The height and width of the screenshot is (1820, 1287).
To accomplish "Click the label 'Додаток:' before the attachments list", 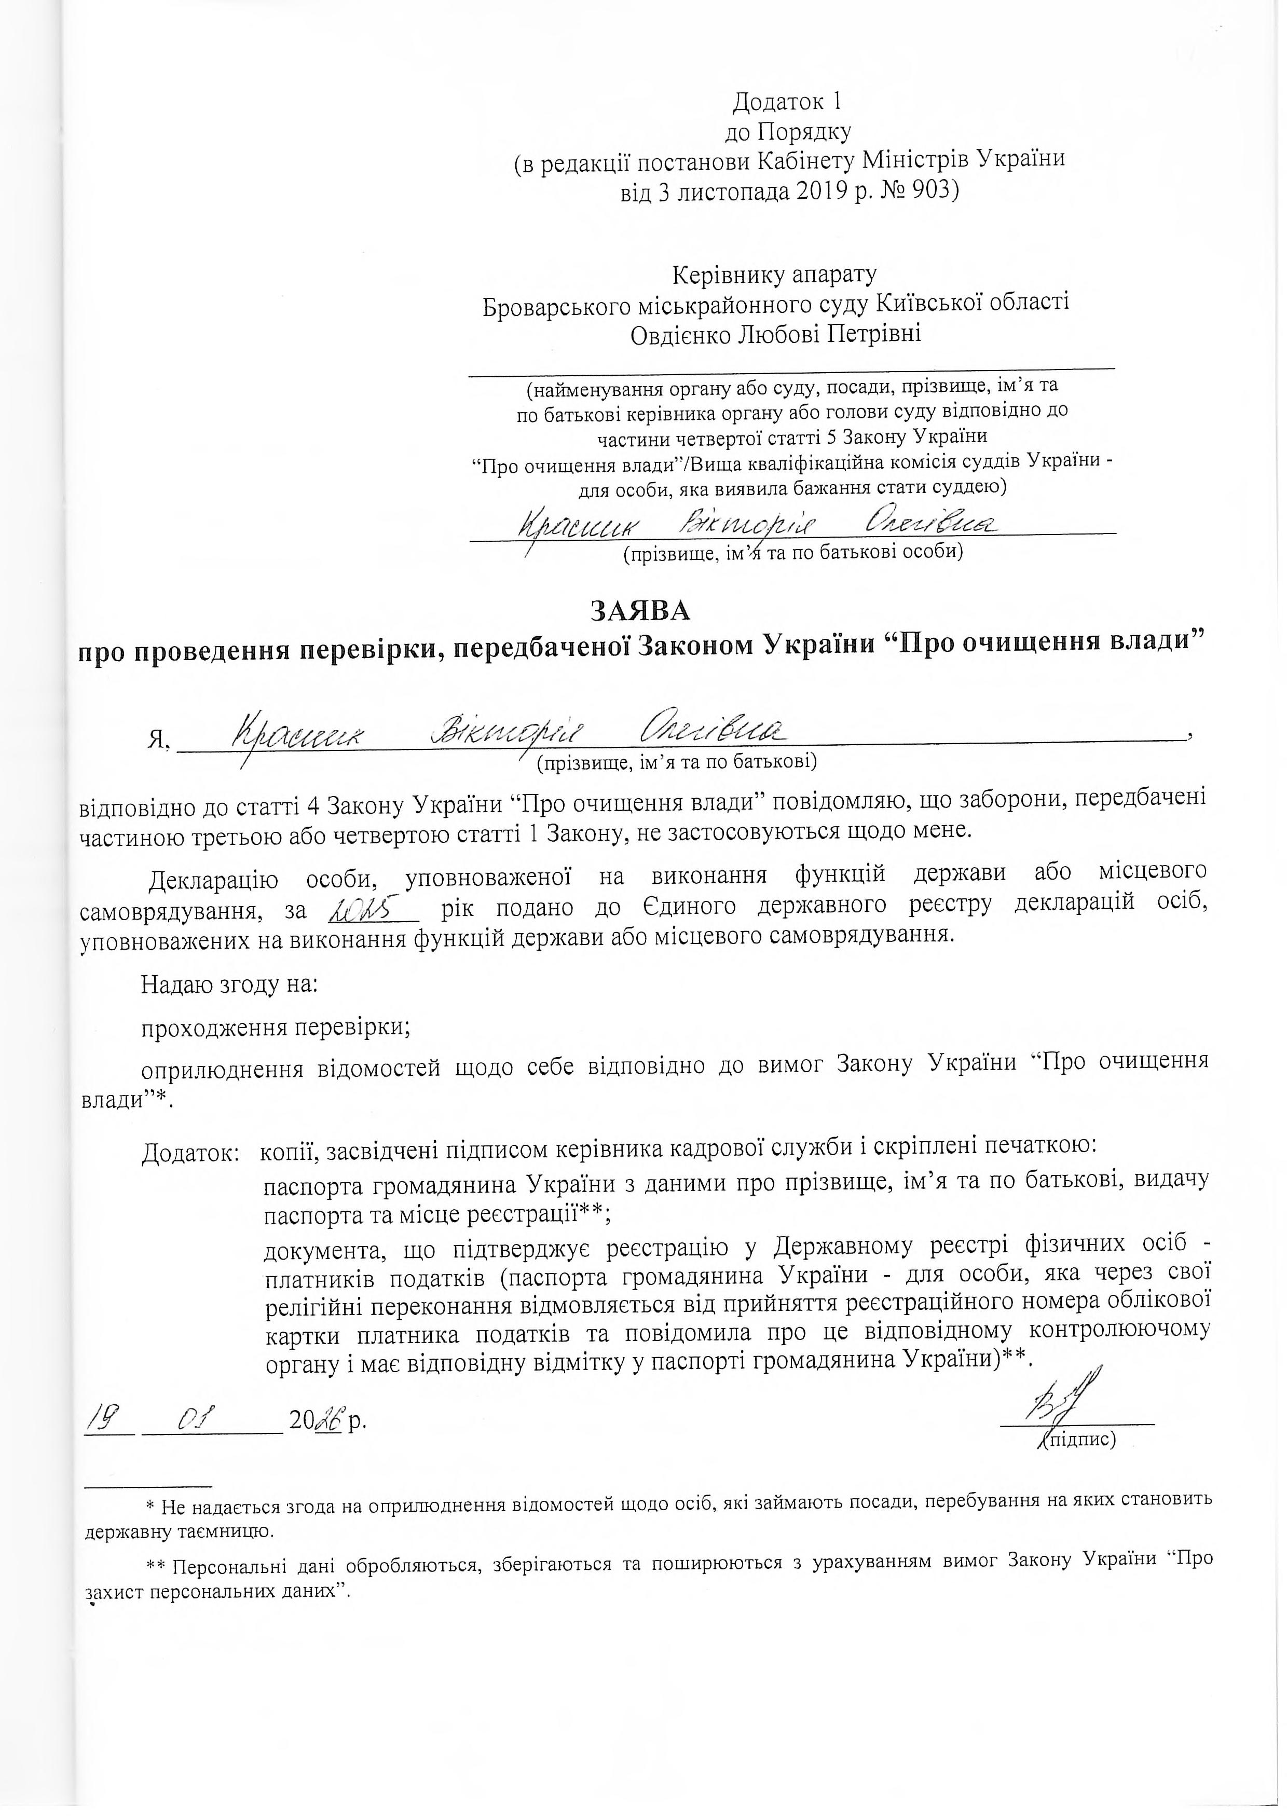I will click(191, 1153).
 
